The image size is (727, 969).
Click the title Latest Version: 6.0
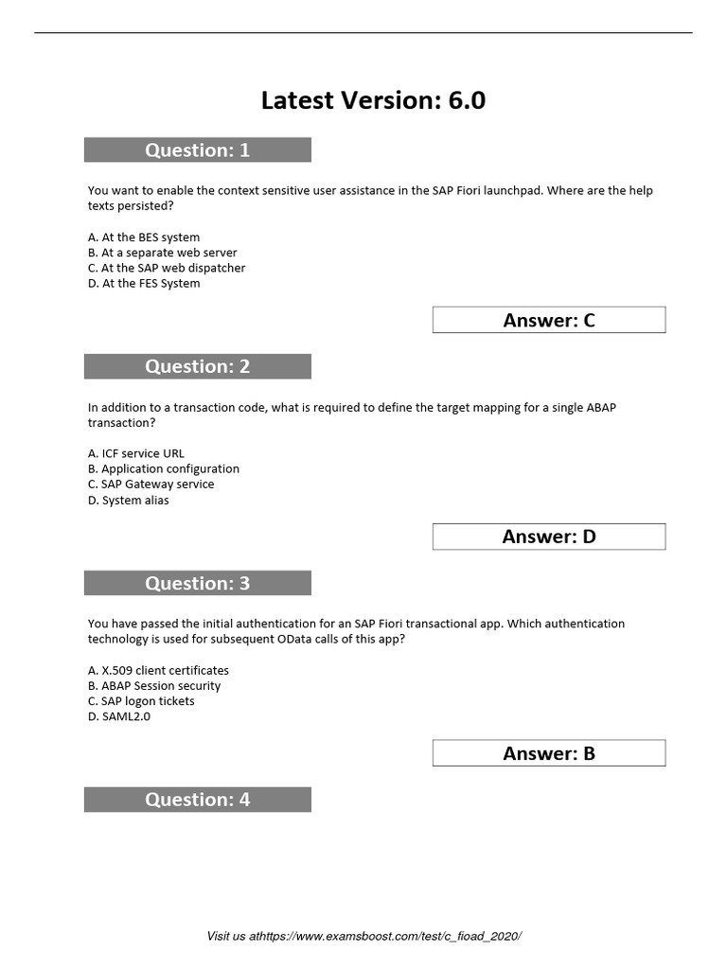tap(373, 100)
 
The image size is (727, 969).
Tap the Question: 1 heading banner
tap(197, 150)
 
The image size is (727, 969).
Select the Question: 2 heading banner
tap(197, 366)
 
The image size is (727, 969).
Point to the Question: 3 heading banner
tap(197, 583)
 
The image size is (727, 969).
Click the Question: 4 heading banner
tap(197, 800)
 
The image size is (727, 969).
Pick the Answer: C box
tap(549, 320)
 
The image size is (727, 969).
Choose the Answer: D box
tap(549, 537)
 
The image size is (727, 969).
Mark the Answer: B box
tap(549, 753)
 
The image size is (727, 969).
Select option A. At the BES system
tap(144, 238)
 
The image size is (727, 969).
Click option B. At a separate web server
tap(163, 253)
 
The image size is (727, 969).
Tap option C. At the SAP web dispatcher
tap(167, 268)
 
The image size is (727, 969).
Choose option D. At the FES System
tap(144, 283)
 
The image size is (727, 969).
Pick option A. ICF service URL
tap(136, 453)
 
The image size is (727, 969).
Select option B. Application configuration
tap(164, 468)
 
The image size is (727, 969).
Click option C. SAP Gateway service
tap(151, 484)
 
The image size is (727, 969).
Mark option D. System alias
tap(129, 500)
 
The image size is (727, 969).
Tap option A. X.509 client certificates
tap(158, 670)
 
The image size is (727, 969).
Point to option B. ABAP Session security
tap(154, 685)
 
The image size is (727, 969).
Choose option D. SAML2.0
tap(119, 716)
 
